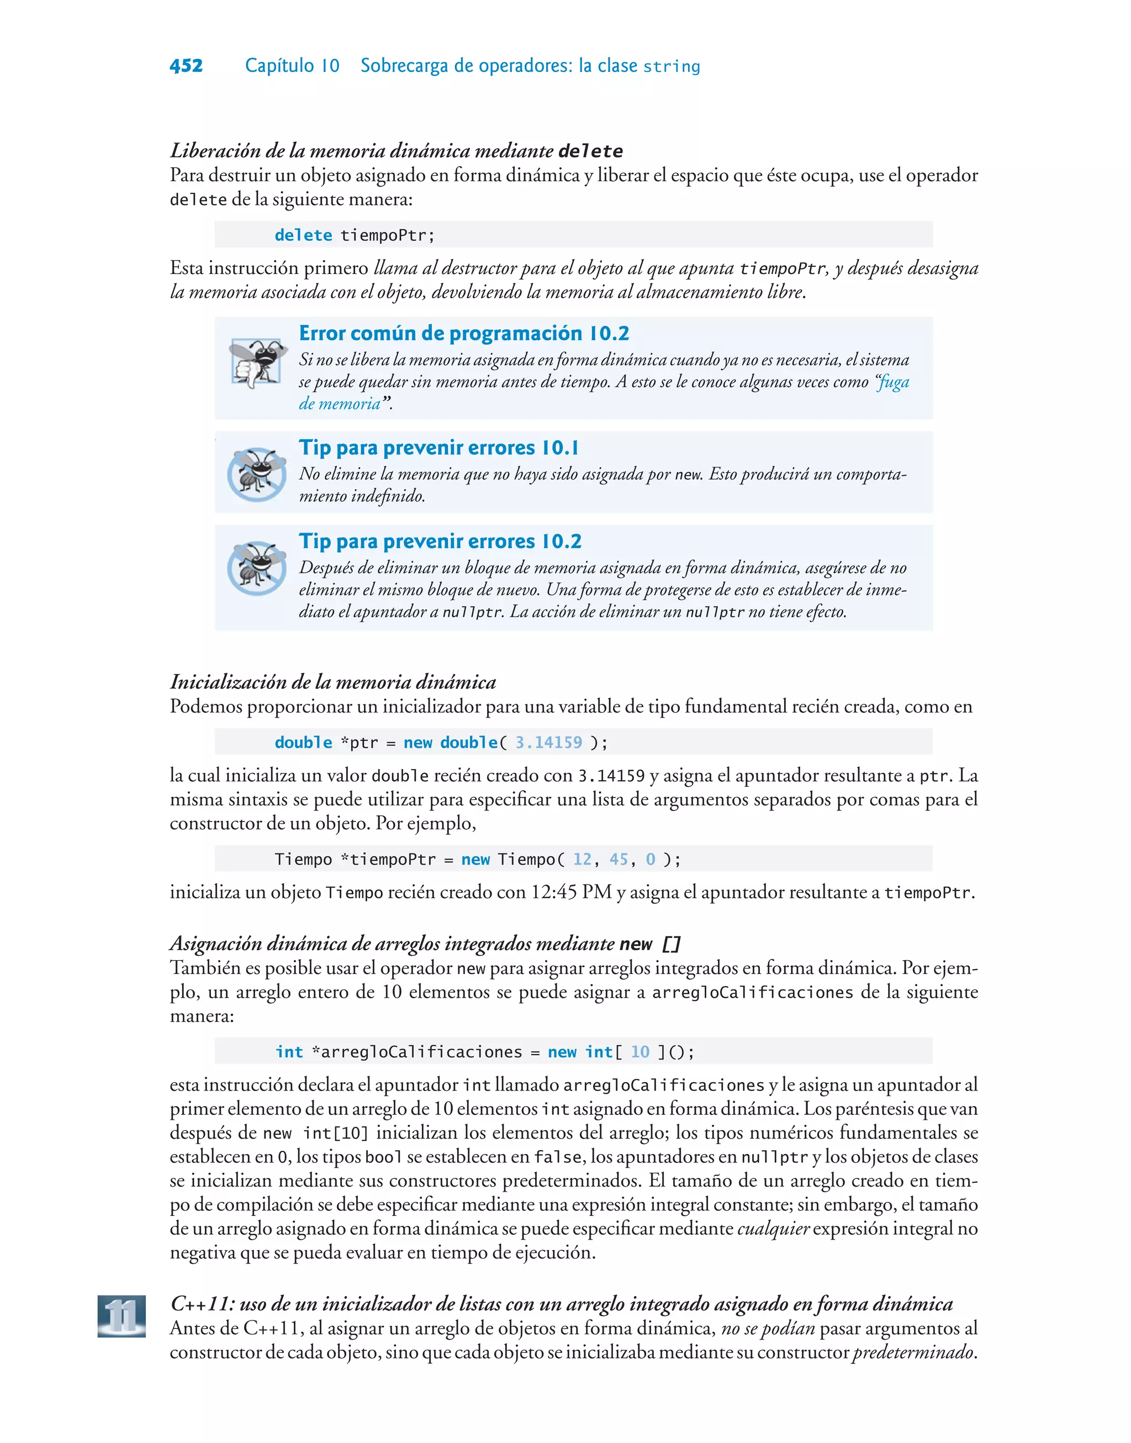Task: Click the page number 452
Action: (x=186, y=66)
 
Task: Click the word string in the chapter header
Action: (x=672, y=67)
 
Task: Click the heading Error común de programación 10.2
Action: (x=463, y=333)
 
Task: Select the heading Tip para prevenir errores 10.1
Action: (x=438, y=447)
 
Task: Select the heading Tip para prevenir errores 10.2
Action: (x=440, y=541)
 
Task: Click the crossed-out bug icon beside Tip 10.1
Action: (x=256, y=474)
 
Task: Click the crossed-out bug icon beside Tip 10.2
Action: (x=256, y=568)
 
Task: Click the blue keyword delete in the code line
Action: (x=303, y=235)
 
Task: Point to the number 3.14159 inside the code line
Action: (x=548, y=742)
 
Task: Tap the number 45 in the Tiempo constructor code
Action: (x=619, y=859)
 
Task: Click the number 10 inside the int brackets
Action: (x=640, y=1052)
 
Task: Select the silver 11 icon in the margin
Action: (x=122, y=1316)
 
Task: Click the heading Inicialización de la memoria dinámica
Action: (x=333, y=682)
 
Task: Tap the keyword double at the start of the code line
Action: (x=303, y=742)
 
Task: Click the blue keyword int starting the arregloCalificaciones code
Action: (x=289, y=1052)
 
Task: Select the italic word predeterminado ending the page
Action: (x=912, y=1352)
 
